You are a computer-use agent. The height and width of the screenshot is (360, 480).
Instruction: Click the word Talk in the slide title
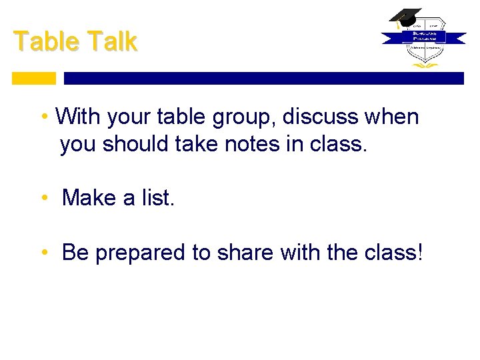click(111, 41)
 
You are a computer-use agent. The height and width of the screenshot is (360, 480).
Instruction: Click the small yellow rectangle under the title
click(34, 78)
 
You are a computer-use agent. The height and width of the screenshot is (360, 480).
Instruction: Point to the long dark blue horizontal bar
click(263, 78)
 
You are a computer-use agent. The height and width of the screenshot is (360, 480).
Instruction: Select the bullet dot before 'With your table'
click(44, 118)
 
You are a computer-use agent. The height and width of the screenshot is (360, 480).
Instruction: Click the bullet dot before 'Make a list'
click(44, 199)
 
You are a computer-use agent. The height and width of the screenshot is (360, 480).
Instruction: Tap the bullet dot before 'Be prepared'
click(44, 253)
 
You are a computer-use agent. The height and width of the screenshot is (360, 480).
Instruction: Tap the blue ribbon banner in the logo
click(423, 38)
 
